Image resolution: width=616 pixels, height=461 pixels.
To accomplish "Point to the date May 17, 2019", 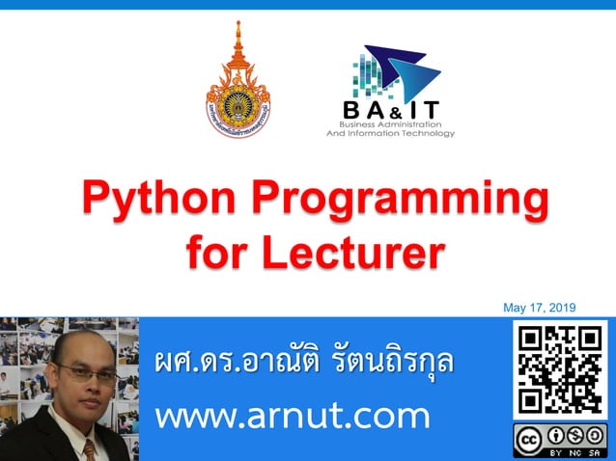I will [539, 308].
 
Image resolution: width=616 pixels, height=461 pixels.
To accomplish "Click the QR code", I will [560, 370].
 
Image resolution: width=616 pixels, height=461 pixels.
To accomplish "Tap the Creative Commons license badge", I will [560, 440].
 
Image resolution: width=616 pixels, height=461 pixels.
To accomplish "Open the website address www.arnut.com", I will [292, 417].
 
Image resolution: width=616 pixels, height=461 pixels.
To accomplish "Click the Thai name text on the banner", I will [303, 365].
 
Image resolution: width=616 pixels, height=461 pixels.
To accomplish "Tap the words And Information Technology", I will [390, 134].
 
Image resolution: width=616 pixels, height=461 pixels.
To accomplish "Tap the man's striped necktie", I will [89, 448].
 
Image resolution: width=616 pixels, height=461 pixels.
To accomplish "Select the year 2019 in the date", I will [561, 308].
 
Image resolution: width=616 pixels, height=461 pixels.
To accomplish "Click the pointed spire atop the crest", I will [238, 34].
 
